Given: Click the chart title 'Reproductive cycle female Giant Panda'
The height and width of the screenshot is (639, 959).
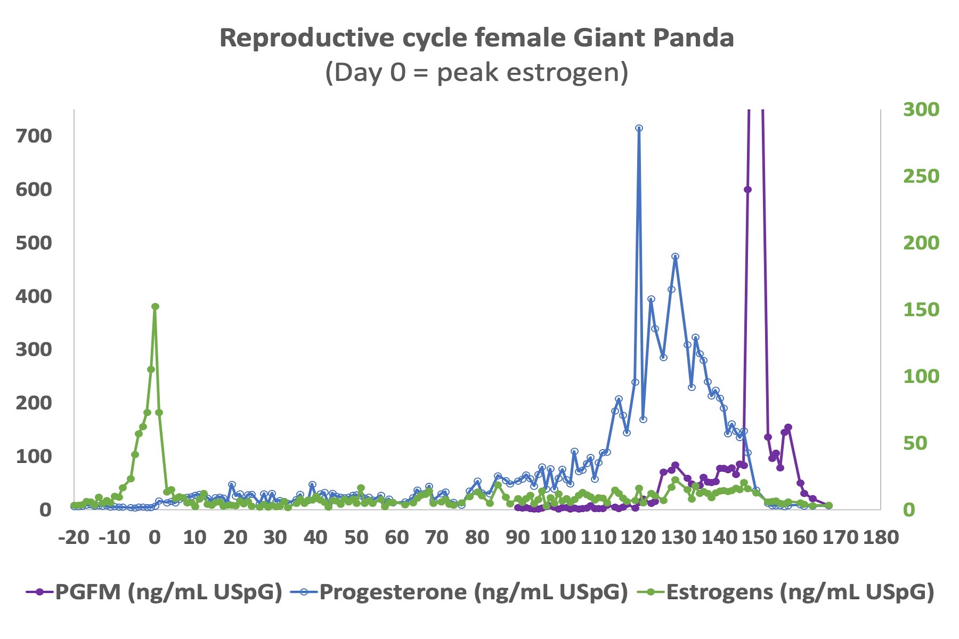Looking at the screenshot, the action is click(477, 38).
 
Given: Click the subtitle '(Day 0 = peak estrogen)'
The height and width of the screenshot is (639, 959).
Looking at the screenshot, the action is click(477, 72).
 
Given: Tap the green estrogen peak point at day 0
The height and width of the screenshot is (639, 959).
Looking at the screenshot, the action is click(155, 307).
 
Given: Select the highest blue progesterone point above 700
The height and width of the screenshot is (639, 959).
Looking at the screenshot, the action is click(639, 128).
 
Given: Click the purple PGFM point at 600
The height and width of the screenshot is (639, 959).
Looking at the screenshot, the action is click(747, 190).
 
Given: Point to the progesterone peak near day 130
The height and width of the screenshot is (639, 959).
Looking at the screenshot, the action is click(675, 257).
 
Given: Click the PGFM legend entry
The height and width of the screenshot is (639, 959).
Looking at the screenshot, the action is click(154, 592).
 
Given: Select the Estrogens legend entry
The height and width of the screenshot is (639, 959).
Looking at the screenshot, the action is click(786, 592).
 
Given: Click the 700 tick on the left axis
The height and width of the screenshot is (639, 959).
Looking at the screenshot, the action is click(34, 136).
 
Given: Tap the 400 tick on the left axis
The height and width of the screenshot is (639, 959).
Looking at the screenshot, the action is click(34, 296).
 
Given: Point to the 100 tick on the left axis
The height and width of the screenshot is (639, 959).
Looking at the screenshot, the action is click(34, 456).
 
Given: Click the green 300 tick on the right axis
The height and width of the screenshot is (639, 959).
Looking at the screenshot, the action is click(921, 109).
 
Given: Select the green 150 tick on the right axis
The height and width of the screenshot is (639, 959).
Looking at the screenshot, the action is click(921, 309).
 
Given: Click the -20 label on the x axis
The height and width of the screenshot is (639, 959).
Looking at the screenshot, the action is click(74, 537).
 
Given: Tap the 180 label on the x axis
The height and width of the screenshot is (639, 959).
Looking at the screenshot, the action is click(881, 537).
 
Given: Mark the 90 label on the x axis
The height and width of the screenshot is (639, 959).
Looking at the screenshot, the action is click(518, 537).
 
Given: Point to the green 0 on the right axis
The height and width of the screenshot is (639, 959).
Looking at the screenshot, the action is click(909, 510).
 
